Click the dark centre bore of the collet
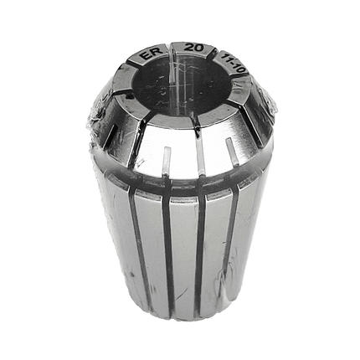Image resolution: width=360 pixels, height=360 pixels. click(x=178, y=84)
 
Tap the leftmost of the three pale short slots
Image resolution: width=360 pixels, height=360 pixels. click(x=166, y=161)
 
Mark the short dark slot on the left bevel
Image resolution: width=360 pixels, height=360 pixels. click(x=111, y=136)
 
